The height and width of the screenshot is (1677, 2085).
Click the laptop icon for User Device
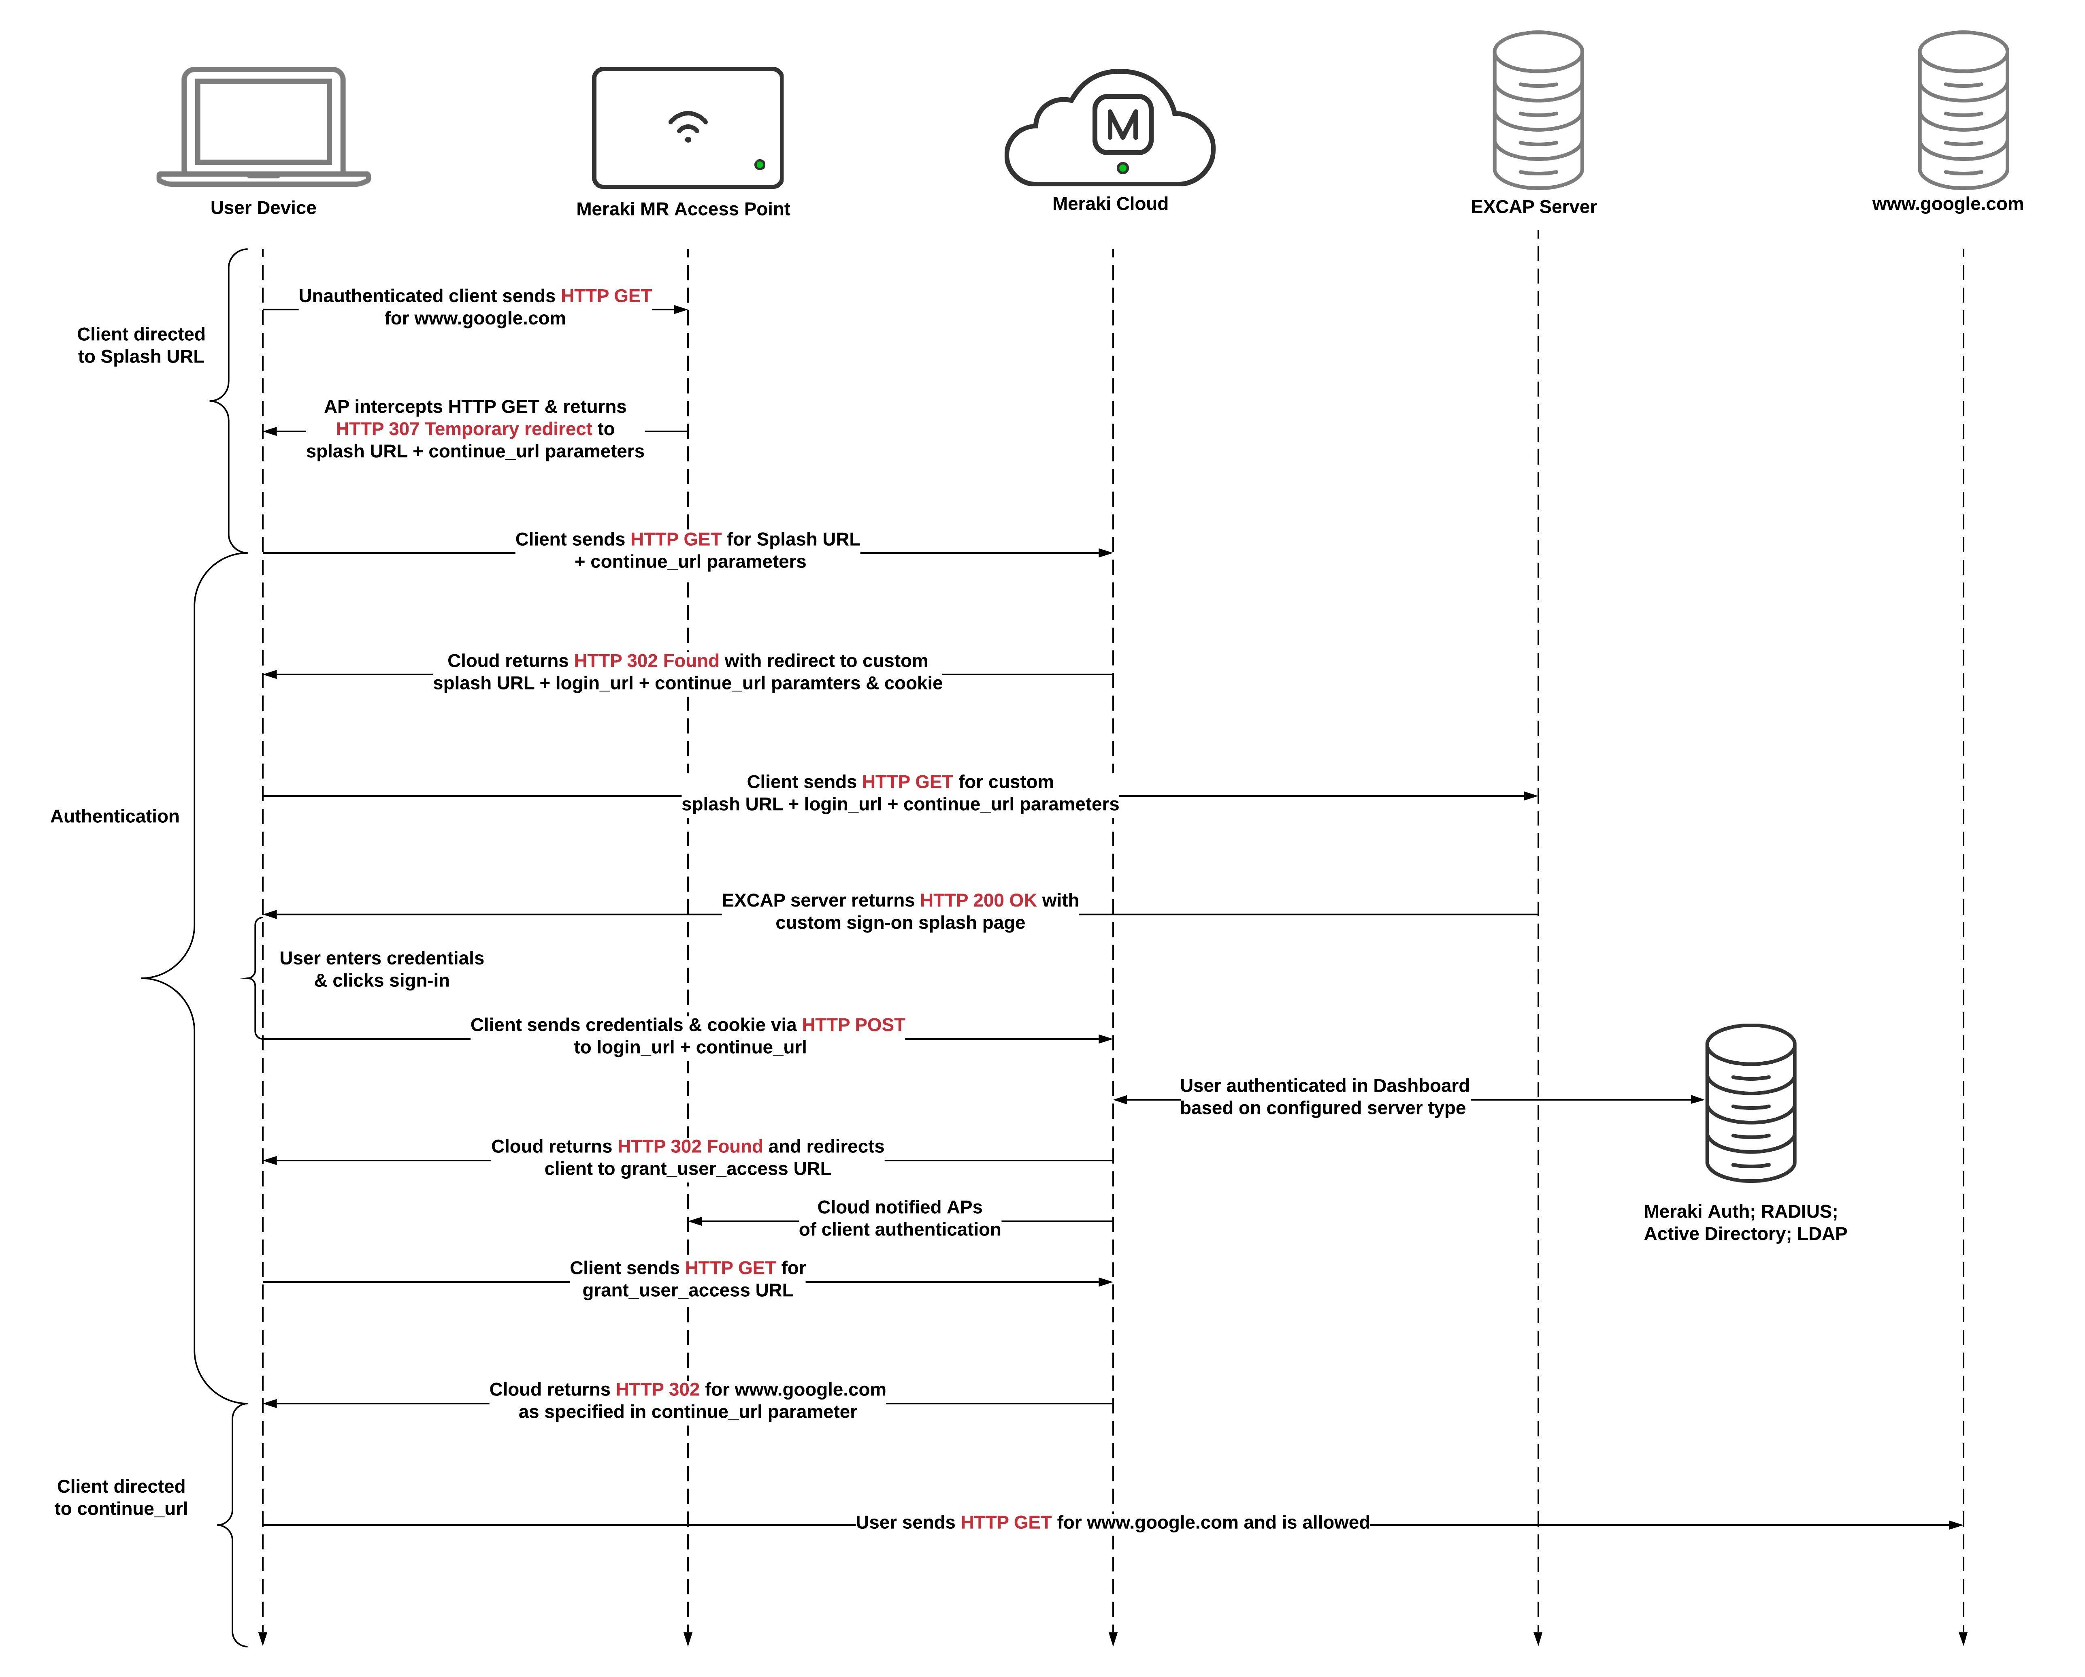coord(263,126)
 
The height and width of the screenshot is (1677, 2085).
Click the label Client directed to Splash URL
coord(141,345)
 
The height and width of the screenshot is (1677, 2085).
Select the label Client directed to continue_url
coord(121,1497)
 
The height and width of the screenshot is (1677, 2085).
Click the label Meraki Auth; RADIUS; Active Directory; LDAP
coord(1744,1223)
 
